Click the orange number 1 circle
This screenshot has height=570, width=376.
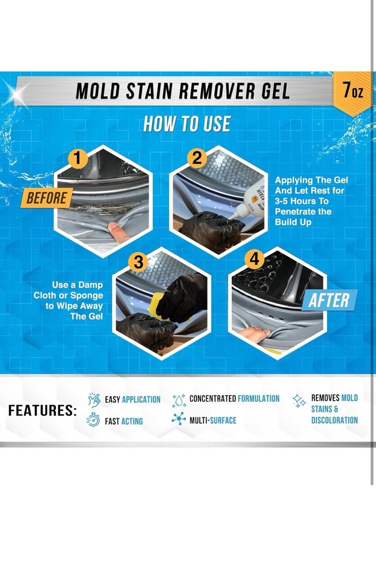coord(77,158)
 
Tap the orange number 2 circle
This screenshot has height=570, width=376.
coord(197,158)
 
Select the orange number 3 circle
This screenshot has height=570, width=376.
coord(138,262)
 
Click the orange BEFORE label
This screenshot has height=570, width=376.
coord(47,198)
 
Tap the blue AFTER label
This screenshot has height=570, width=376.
coord(330,300)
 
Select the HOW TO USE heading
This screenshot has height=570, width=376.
coord(187,124)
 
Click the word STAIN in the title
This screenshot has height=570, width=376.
coord(148,91)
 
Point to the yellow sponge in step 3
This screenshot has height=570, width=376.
coord(157,306)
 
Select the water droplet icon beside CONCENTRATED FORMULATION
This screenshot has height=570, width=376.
coord(179,400)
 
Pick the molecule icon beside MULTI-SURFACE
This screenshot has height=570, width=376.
coord(179,419)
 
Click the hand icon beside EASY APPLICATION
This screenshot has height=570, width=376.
coord(94,400)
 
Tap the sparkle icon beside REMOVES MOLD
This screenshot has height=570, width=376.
coord(299,401)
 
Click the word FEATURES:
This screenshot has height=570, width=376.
coord(43,410)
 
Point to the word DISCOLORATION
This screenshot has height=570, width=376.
coord(334,420)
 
